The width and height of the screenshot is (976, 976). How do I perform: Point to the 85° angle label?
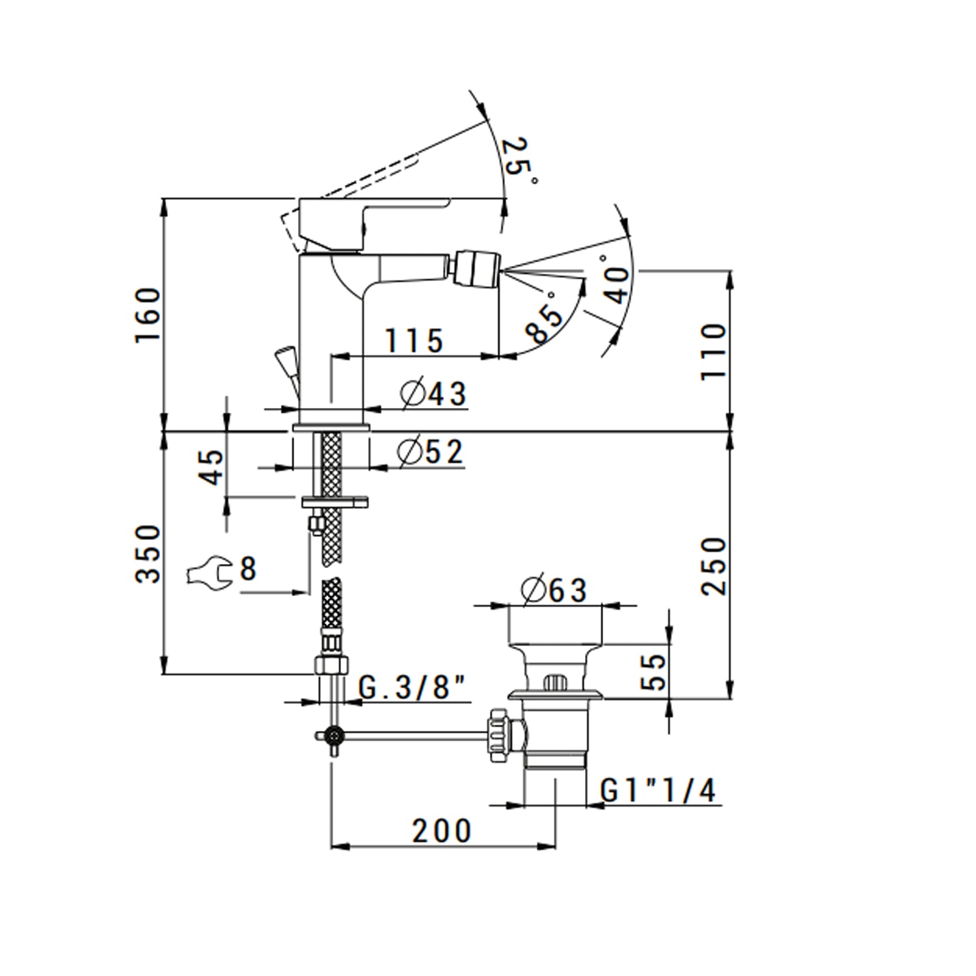[545, 317]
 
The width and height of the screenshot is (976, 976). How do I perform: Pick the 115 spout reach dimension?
[414, 340]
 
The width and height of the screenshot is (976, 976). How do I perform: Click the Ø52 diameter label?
[431, 452]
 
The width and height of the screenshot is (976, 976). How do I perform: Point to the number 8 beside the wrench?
[248, 569]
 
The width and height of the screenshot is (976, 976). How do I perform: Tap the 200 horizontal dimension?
[441, 831]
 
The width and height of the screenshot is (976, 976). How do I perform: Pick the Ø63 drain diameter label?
[554, 590]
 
